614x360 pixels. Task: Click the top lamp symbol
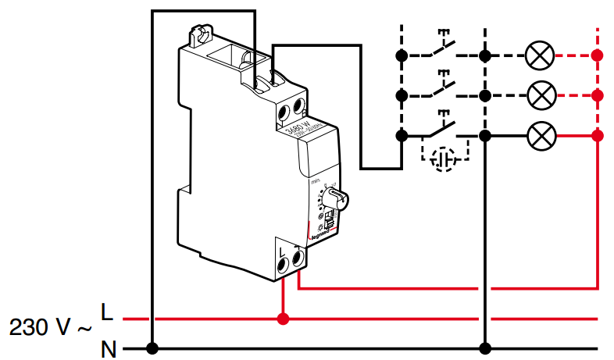[540, 55]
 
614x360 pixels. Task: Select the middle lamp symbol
[540, 95]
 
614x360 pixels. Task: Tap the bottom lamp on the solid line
[540, 135]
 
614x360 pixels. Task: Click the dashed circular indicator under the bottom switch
[443, 159]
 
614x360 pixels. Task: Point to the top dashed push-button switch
[441, 45]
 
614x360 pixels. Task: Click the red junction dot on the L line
[283, 319]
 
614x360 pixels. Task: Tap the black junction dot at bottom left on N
[154, 348]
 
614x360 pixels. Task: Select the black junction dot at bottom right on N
[485, 348]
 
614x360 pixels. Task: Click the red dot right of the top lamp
[598, 55]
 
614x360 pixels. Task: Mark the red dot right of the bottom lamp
[598, 135]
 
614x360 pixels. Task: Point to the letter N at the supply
[108, 348]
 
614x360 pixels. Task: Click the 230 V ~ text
[49, 327]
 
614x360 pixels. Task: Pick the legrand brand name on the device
[327, 233]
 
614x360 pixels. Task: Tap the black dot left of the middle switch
[402, 95]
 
